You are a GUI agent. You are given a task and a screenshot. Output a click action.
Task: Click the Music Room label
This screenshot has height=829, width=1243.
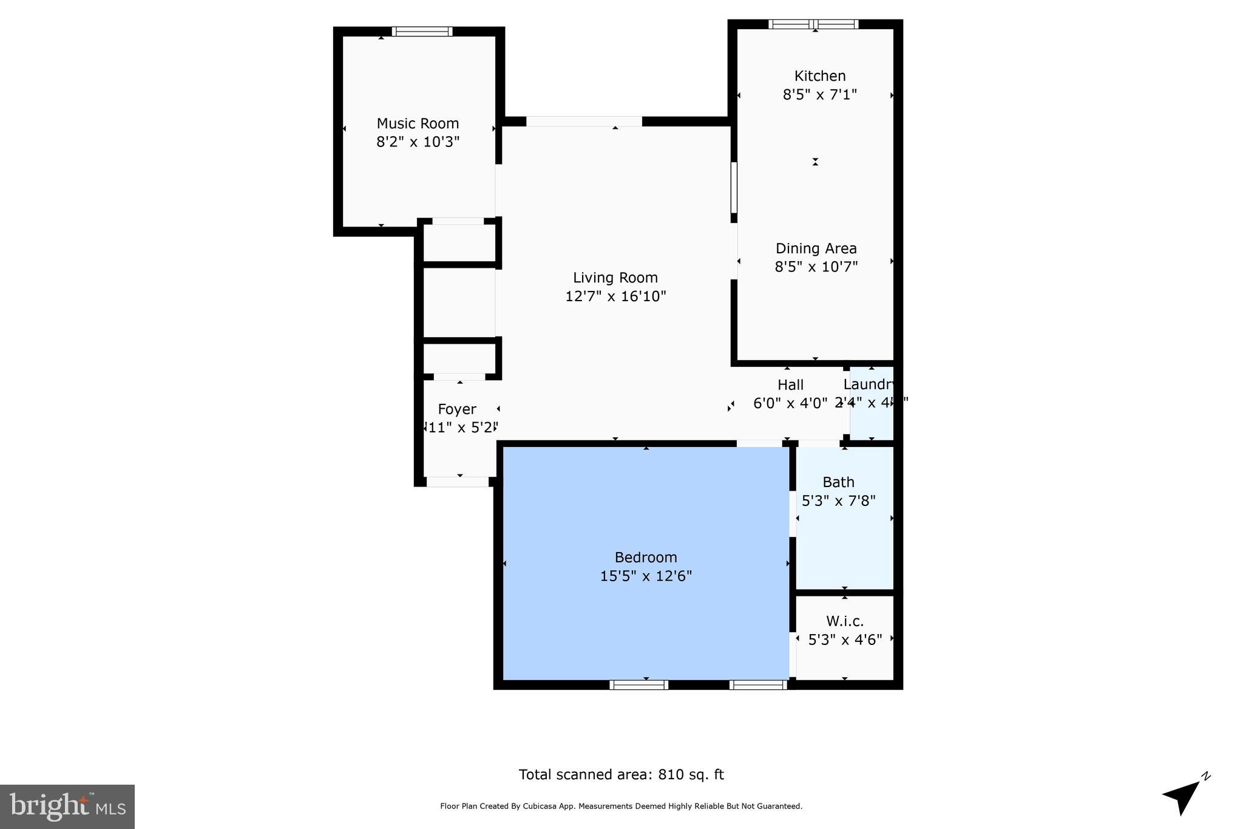tap(418, 124)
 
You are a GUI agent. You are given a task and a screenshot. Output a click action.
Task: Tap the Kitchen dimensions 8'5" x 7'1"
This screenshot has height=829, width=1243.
tap(819, 95)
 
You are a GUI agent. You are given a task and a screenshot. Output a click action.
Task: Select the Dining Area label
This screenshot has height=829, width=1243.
tap(816, 248)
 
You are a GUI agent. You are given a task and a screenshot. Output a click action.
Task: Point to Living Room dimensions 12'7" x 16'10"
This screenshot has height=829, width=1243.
tap(615, 296)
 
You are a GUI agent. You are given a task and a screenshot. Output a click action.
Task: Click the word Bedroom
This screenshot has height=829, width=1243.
tap(645, 558)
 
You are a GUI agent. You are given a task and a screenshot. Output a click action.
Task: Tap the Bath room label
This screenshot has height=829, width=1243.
tap(838, 482)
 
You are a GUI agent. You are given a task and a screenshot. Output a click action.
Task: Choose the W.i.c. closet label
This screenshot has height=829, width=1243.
tap(844, 621)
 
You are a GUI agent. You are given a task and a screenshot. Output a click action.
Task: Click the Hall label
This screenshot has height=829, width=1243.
tap(790, 385)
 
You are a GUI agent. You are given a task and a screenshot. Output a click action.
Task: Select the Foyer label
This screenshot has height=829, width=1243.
tap(457, 409)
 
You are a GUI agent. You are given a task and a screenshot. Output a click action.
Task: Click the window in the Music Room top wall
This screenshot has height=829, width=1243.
tap(422, 32)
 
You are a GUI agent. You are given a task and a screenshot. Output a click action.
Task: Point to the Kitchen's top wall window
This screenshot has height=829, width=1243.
tap(813, 24)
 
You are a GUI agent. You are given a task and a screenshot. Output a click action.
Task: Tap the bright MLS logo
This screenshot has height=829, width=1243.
tap(67, 807)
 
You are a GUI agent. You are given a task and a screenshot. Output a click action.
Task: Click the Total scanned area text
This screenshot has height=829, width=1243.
tap(621, 775)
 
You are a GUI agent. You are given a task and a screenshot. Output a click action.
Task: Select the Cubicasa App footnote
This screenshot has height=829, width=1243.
tap(621, 807)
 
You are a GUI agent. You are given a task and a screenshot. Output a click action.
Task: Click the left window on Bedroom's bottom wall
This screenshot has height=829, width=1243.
tap(638, 685)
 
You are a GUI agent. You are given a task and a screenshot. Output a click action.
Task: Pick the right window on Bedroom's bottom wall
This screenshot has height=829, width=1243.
tap(758, 685)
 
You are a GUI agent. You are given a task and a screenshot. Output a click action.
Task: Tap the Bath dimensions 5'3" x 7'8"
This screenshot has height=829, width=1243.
tap(838, 501)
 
